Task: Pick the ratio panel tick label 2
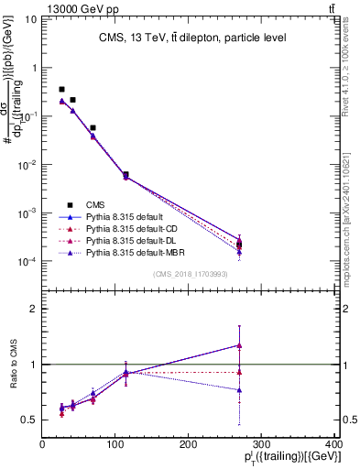[32, 309]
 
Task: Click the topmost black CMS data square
[61, 90]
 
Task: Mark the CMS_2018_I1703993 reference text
[191, 274]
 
